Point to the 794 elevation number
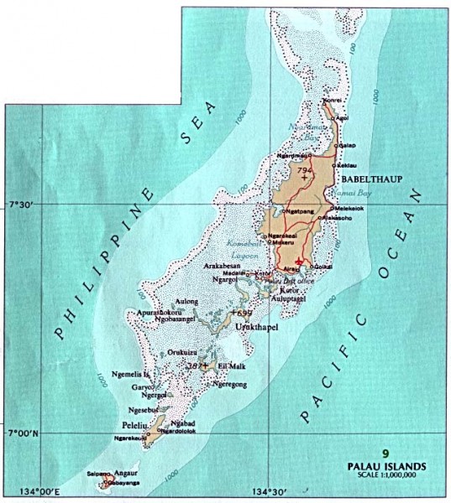[304, 170]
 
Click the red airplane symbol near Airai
[299, 263]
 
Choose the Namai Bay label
[348, 192]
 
